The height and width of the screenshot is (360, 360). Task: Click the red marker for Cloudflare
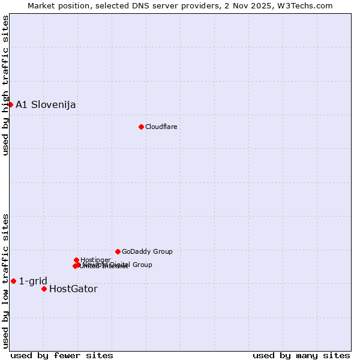click(141, 127)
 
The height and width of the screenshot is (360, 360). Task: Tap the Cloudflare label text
click(161, 127)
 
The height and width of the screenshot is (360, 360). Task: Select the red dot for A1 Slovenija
click(10, 104)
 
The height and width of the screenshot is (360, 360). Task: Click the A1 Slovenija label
click(46, 105)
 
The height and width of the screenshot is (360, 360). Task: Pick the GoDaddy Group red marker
click(118, 251)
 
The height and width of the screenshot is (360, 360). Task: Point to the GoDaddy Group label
click(147, 251)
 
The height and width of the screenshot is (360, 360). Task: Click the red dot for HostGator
click(44, 289)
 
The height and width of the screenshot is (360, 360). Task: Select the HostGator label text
click(73, 289)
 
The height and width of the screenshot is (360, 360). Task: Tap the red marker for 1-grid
click(13, 281)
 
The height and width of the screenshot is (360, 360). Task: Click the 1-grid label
click(33, 281)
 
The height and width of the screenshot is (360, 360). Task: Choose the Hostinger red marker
click(76, 260)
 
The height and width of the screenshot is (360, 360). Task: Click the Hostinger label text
click(95, 260)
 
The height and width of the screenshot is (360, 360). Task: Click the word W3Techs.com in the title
click(308, 5)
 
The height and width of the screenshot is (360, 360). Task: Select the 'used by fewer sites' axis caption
click(62, 355)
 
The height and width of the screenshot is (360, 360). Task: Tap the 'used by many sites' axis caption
click(301, 355)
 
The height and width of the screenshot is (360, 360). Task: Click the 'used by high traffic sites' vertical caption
click(5, 86)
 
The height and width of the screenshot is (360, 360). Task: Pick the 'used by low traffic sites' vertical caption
click(5, 280)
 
